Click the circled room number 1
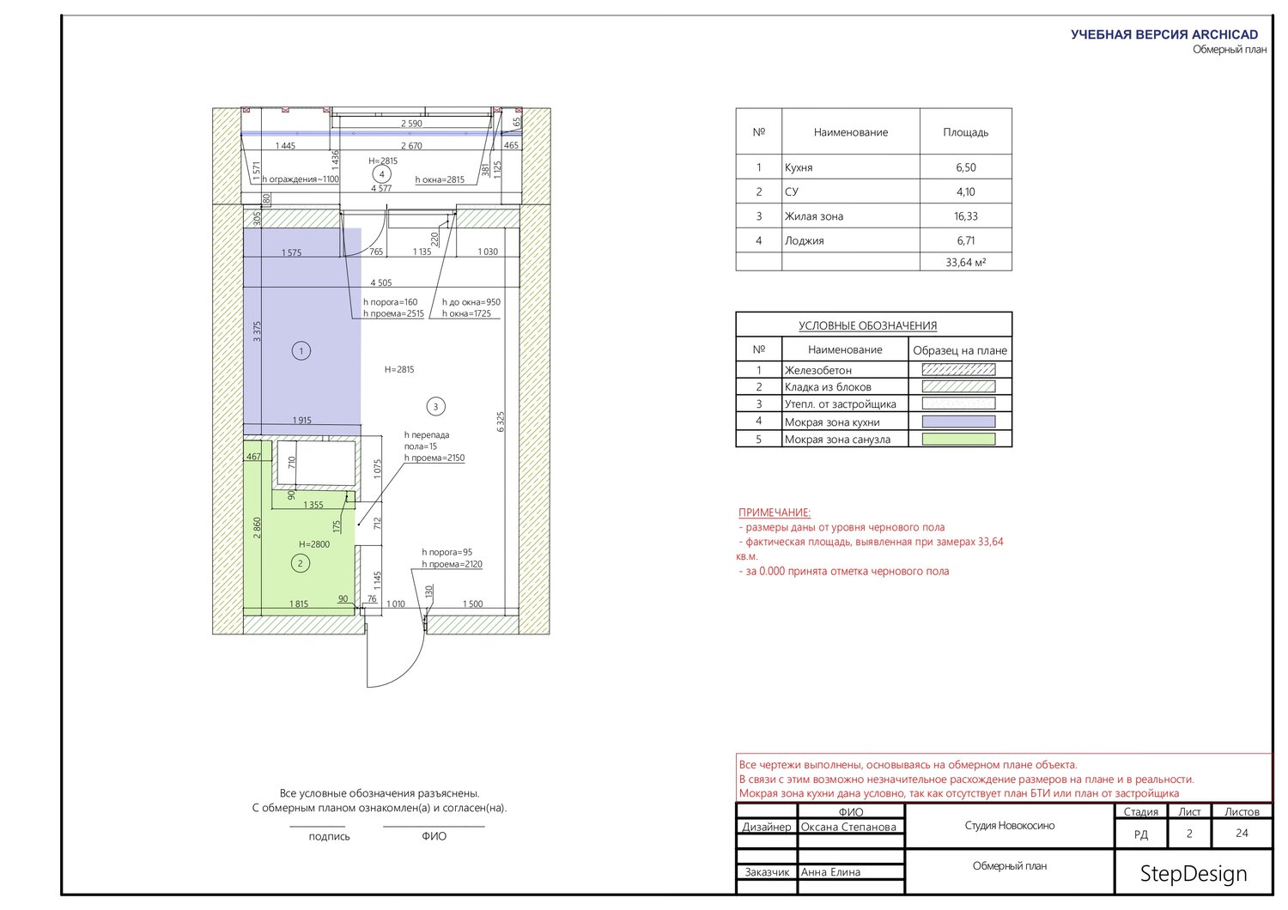pos(301,350)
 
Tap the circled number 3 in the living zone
pos(435,406)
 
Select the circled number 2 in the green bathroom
pos(301,563)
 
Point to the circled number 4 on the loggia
pos(382,173)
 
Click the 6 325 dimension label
pos(501,422)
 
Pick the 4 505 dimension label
pos(381,282)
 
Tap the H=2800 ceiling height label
pos(314,544)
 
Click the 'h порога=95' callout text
pos(447,552)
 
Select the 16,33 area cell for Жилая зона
pos(965,216)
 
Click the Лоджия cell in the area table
pos(804,241)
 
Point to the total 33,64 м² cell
pos(965,263)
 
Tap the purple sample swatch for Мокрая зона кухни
pos(958,422)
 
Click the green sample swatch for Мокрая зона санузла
pos(958,440)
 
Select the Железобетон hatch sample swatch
pos(958,370)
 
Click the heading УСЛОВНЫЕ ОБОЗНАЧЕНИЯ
pos(867,325)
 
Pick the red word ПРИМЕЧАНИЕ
pos(774,513)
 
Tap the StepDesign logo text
pos(1194,874)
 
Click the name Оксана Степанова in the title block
pos(848,828)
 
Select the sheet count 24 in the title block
pos(1242,833)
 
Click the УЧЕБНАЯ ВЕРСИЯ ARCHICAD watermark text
pos(1164,34)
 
